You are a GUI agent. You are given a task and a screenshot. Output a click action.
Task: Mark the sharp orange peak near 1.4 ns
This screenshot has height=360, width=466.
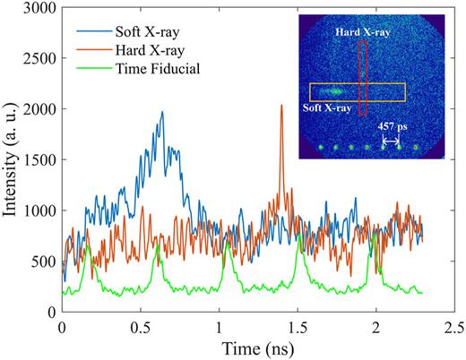click(281, 106)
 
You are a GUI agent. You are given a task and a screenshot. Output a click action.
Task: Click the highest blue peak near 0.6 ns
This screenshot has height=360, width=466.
click(162, 113)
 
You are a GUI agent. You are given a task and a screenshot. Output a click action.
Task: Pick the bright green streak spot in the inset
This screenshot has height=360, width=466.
click(334, 90)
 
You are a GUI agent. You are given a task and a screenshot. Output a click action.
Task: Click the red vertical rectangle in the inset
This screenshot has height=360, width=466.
click(362, 78)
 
